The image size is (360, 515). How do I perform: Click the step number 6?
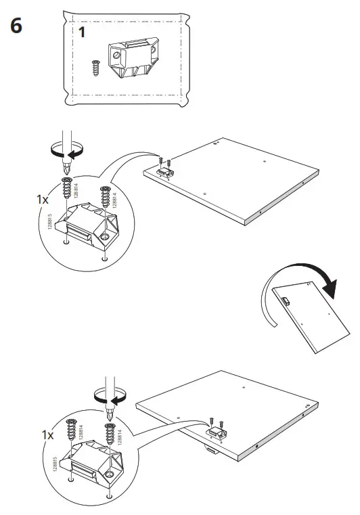(16, 26)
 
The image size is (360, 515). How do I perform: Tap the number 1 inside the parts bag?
(81, 32)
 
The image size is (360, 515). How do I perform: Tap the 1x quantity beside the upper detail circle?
(43, 201)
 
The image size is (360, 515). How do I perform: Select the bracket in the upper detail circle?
(87, 227)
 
